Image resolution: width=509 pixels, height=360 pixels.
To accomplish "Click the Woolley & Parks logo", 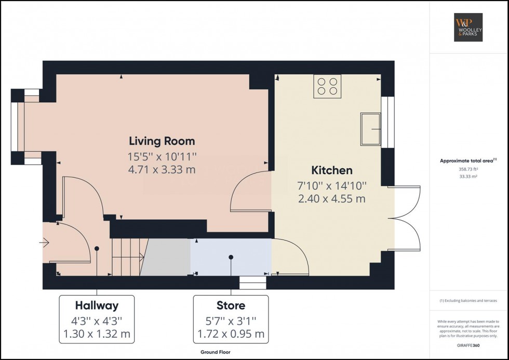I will pos(468,27).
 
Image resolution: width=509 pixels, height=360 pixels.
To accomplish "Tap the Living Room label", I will pos(162,141).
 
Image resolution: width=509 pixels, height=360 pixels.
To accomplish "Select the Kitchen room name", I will pos(332,170).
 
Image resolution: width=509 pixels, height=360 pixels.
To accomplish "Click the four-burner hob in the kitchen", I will pos(328,86).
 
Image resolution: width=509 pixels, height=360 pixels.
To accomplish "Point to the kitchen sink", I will pos(371,129).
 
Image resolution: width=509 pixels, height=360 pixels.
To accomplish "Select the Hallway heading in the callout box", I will pos(97,305).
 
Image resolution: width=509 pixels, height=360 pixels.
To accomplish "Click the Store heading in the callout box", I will pos(231,305).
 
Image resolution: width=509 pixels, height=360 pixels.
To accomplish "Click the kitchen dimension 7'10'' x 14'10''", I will pos(332,185).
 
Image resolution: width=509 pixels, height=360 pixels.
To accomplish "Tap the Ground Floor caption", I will pos(216,352).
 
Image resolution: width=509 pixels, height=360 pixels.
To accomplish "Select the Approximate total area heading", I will pos(468,161).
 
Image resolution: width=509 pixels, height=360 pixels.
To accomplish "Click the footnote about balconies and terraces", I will pos(468,301).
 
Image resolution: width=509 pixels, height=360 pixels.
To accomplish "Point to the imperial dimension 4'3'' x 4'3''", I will pos(97,320).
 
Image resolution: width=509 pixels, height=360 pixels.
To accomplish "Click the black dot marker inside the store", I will pos(231,257).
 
